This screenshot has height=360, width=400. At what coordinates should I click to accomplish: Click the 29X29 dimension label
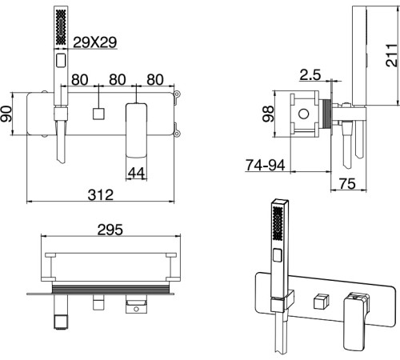[x=95, y=42]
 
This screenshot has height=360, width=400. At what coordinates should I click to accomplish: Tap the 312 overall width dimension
[x=101, y=195]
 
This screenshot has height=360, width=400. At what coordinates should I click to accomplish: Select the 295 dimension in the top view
[x=110, y=230]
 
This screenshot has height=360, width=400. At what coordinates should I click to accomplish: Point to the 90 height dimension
[x=6, y=114]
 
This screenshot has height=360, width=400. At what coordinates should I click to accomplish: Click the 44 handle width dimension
[x=136, y=173]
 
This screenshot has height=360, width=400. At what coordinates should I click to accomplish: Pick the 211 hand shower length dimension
[x=391, y=55]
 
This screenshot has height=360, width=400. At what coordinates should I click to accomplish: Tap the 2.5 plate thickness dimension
[x=310, y=74]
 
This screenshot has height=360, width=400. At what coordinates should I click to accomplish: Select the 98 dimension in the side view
[x=268, y=114]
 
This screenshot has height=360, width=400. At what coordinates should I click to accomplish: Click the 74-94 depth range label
[x=266, y=165]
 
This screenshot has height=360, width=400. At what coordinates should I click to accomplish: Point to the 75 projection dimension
[x=347, y=184]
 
